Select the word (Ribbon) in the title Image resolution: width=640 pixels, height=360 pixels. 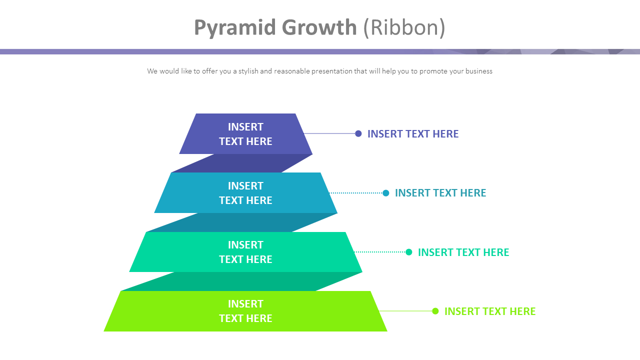click(404, 27)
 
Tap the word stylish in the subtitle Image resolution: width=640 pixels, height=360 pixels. click(248, 71)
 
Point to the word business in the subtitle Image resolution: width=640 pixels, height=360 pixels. click(478, 71)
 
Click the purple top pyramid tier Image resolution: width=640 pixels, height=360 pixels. click(245, 134)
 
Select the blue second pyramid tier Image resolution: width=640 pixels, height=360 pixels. click(245, 193)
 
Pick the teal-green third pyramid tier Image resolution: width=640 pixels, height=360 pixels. click(245, 252)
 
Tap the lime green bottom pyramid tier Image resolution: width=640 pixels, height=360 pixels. click(245, 311)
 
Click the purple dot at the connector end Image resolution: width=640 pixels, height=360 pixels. click(358, 133)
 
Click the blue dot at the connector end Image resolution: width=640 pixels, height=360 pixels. click(385, 193)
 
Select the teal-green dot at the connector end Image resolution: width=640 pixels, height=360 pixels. click(408, 252)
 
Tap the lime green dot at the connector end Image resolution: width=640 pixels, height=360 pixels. click(435, 311)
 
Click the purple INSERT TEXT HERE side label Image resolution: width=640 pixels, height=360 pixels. click(413, 133)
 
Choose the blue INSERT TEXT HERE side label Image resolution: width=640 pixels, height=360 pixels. click(440, 193)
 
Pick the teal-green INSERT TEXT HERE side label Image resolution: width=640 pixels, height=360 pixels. click(463, 252)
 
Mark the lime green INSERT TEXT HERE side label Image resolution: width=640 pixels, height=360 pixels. click(490, 311)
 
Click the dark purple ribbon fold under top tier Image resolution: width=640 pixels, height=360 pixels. click(242, 163)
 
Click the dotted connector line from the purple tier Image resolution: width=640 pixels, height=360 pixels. click(330, 133)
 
